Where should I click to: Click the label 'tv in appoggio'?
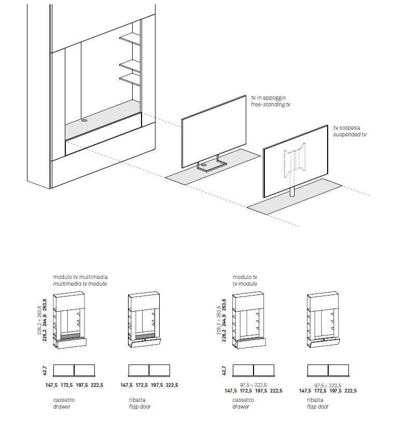pos(268,97)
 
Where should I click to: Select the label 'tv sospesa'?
pos(346,127)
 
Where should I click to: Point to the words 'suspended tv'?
pos(349,134)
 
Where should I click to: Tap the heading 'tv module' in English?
pos(245,285)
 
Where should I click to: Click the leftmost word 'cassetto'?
pos(64,400)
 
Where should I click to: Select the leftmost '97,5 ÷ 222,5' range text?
pos(254,385)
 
